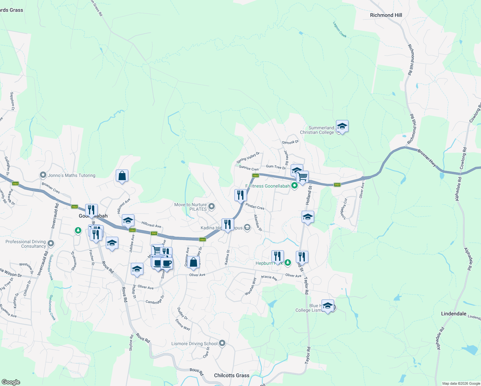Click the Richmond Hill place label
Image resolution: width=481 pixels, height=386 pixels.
(x=386, y=15)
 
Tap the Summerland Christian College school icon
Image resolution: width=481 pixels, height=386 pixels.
(x=342, y=126)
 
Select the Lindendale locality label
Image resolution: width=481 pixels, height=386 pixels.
(x=454, y=314)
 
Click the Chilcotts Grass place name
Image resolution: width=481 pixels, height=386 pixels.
(x=231, y=375)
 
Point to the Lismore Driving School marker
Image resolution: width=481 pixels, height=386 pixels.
(x=222, y=344)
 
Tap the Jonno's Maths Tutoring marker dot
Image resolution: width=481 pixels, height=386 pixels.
(x=43, y=175)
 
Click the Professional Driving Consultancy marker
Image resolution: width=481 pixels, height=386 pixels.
(x=50, y=244)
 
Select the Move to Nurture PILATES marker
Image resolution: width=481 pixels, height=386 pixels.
(x=212, y=207)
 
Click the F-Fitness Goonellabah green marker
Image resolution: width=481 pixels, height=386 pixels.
(x=294, y=186)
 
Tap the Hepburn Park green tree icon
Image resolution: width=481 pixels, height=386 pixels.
(x=288, y=263)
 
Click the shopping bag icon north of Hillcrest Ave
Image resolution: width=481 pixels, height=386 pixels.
(x=122, y=176)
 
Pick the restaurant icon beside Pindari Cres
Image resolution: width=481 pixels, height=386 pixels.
(x=240, y=195)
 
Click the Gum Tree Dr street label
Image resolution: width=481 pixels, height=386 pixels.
(x=276, y=167)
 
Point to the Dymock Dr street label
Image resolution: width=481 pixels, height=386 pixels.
(x=290, y=142)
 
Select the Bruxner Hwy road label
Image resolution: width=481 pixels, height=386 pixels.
(x=427, y=157)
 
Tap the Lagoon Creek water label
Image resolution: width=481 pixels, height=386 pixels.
(x=340, y=30)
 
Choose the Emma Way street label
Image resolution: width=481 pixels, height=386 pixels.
(x=183, y=325)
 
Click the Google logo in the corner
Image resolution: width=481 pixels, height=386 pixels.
(x=11, y=382)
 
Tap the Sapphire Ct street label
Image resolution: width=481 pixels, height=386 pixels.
(x=12, y=101)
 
